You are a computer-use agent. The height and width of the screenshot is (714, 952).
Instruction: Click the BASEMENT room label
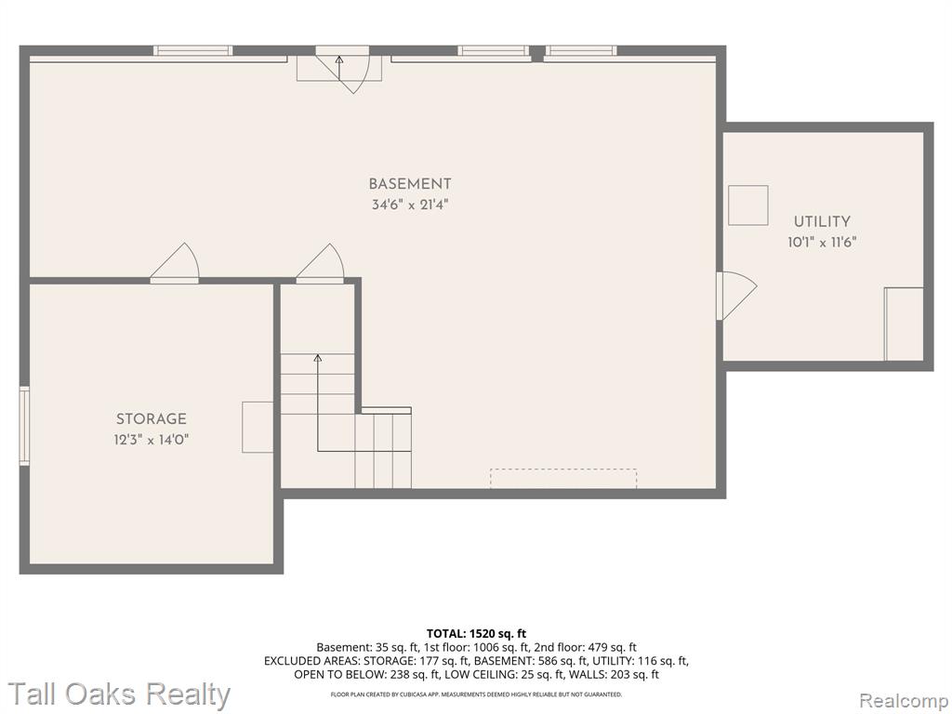[x=410, y=183]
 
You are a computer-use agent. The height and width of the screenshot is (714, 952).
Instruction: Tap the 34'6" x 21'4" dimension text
[x=410, y=205]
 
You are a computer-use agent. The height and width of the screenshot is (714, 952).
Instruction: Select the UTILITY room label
[x=822, y=221]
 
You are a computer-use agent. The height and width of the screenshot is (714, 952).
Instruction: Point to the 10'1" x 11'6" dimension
[x=822, y=243]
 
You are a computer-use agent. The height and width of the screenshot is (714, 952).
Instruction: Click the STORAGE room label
[x=152, y=418]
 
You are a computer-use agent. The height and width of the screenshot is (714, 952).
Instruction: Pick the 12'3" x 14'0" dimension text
[x=152, y=440]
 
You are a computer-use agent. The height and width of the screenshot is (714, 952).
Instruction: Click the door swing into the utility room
[x=735, y=296]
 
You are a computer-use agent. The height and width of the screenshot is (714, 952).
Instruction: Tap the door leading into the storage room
[x=175, y=263]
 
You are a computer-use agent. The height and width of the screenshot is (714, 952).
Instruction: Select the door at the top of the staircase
[x=321, y=263]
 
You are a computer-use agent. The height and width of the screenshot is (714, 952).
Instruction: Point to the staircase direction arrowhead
[x=317, y=358]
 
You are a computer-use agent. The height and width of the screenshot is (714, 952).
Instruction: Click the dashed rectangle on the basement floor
[x=563, y=479]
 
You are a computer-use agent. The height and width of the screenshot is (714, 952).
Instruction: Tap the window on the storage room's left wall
[x=24, y=426]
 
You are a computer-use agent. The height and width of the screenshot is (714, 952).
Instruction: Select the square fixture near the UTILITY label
[x=748, y=205]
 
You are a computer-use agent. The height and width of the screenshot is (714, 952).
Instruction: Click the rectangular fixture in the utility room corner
[x=904, y=324]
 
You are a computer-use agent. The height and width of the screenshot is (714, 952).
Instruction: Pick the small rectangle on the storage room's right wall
[x=258, y=427]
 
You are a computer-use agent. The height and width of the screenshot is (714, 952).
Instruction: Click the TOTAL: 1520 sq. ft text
[x=477, y=634]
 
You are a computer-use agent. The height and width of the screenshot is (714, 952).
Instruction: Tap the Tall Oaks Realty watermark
[x=119, y=694]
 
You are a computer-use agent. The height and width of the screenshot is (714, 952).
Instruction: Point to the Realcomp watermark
[x=904, y=701]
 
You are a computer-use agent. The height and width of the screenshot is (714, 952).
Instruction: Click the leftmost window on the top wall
[x=193, y=50]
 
